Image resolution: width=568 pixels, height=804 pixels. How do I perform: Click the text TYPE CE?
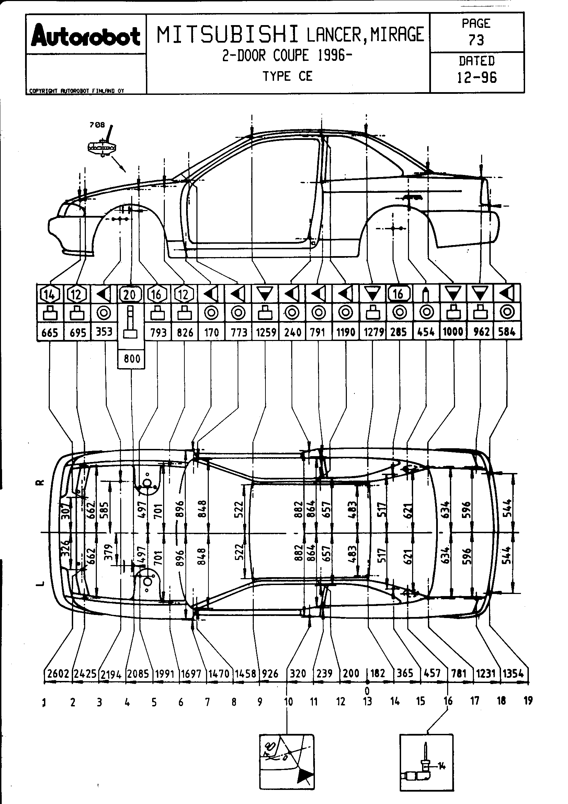click(287, 76)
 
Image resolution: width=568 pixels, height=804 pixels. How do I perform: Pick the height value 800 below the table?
click(132, 359)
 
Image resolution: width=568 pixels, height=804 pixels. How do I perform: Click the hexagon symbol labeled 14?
click(50, 294)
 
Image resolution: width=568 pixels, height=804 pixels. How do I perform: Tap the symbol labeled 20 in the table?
click(130, 294)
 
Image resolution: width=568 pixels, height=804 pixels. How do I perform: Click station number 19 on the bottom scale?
click(528, 701)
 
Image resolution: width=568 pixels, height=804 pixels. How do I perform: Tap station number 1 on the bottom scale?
click(44, 702)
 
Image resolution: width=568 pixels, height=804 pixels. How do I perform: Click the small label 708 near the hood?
click(97, 125)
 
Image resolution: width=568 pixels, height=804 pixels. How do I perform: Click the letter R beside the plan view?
click(41, 483)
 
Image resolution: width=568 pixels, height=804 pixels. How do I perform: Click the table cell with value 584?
click(507, 332)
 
